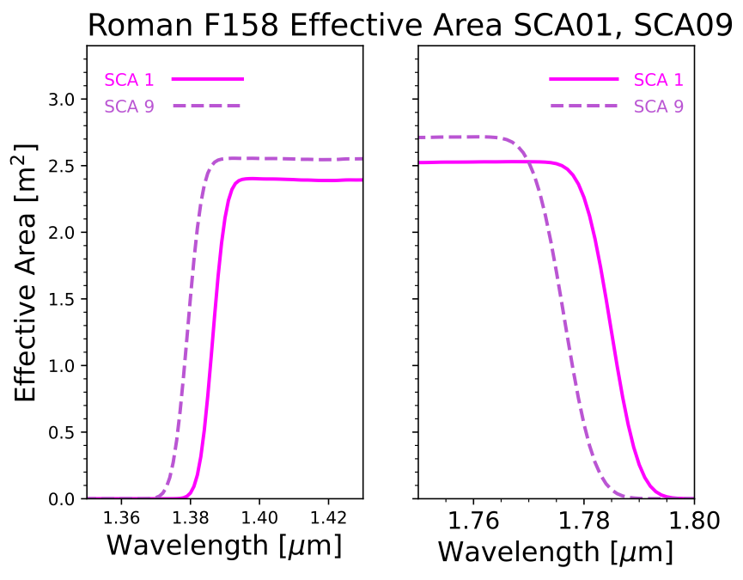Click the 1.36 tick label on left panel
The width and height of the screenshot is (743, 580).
tap(121, 518)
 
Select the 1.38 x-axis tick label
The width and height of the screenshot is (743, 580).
tap(190, 518)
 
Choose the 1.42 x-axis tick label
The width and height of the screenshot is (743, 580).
tap(329, 518)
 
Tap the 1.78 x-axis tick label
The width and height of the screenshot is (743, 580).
tap(584, 521)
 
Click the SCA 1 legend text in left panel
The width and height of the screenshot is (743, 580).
tap(130, 80)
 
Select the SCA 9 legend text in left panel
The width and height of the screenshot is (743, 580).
tap(130, 107)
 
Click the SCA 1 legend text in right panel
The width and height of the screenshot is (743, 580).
tap(659, 80)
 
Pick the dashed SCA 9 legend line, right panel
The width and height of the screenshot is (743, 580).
tap(584, 106)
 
